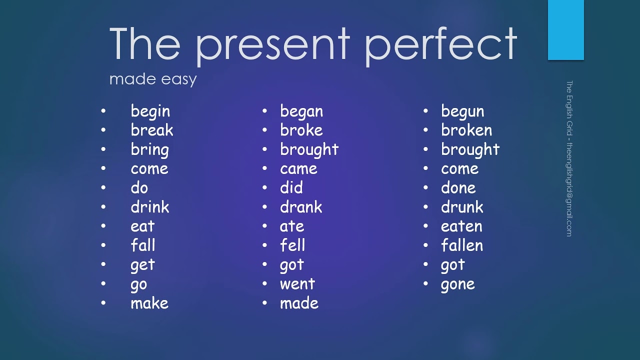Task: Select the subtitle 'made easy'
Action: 153,79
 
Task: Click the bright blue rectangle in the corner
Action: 565,30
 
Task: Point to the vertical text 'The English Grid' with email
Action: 569,158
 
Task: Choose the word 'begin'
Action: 150,111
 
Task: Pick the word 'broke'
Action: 301,130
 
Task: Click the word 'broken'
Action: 466,130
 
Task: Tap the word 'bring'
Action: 149,149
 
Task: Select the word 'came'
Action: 298,168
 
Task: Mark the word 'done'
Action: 458,188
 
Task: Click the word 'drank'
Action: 301,207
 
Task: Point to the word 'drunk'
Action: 462,207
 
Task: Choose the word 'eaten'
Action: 461,226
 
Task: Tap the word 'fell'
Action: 292,245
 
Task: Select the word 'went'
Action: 297,284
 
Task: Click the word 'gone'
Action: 457,284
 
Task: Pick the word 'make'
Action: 149,303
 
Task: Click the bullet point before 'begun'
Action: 426,111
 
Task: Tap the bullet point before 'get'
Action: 103,264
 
